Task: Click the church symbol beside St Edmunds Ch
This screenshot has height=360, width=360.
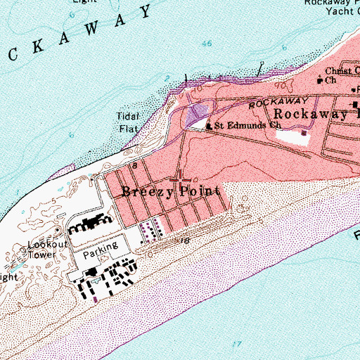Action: click(208, 127)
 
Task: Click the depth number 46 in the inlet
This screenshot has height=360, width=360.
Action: click(206, 44)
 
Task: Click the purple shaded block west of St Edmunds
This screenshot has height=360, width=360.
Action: click(199, 110)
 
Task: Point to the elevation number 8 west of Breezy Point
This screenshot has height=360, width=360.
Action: click(133, 166)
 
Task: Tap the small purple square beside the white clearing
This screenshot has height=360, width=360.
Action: click(304, 132)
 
